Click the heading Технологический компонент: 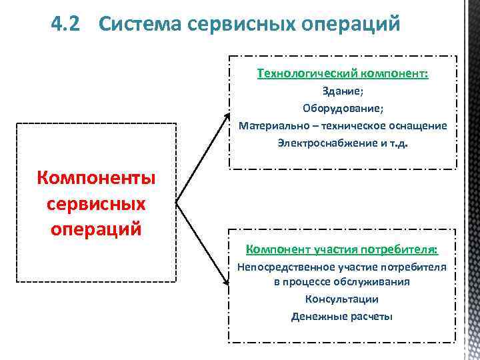[x=343, y=74]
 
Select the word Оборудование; [x=343, y=109]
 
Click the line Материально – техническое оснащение [x=343, y=125]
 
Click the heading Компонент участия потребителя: [x=342, y=250]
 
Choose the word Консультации [x=342, y=299]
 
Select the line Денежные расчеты [x=342, y=316]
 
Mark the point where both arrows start [x=176, y=201]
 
